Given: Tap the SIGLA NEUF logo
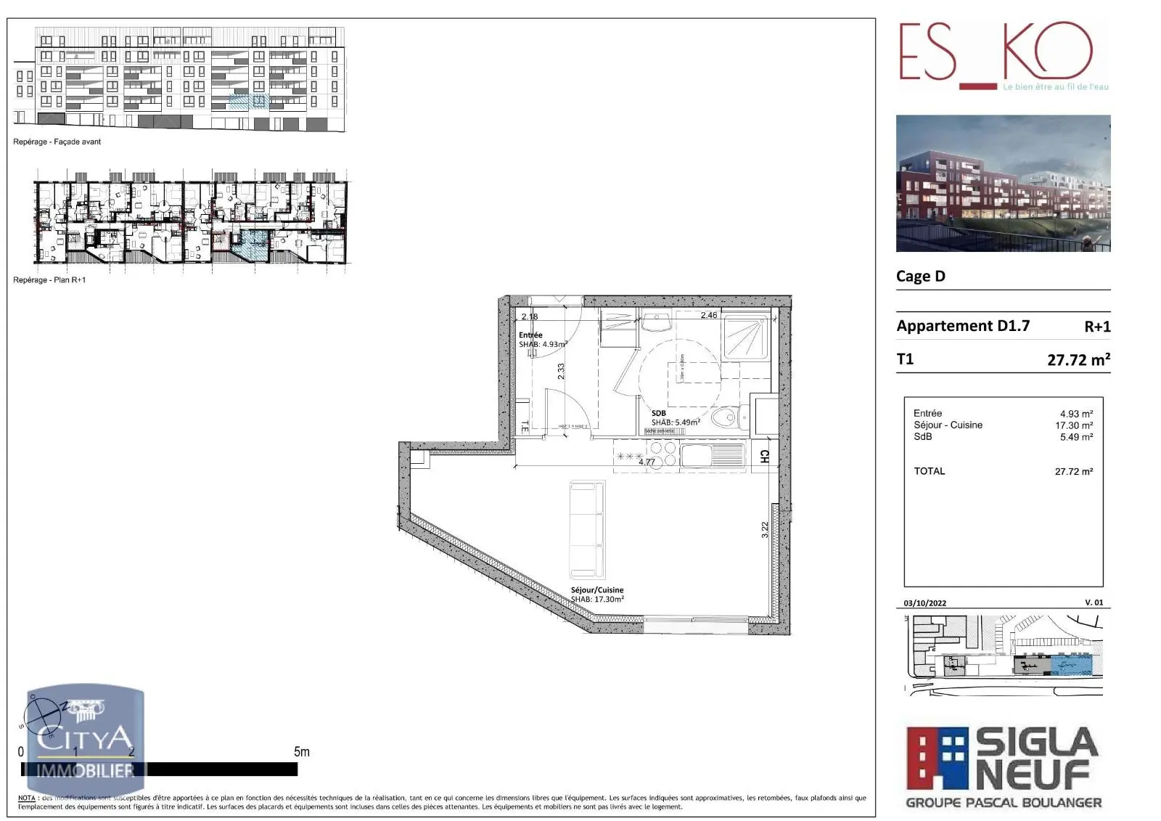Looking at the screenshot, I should click(1004, 767).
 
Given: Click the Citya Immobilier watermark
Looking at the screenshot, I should click(86, 740).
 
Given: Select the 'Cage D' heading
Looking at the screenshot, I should click(921, 277).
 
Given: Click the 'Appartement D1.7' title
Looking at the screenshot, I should click(963, 326).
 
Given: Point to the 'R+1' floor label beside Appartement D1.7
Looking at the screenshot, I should click(1097, 327).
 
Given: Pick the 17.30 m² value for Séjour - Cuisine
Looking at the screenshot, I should click(1074, 425).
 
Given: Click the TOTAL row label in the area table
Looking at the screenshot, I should click(930, 471).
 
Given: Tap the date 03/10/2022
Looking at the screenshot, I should click(925, 603).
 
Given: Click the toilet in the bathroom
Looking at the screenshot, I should click(724, 417).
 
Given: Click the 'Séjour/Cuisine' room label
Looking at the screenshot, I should click(597, 590).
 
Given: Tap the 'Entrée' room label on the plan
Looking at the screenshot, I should click(530, 335).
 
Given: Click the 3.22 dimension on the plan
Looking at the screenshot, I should click(765, 530).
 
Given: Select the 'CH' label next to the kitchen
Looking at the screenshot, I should click(764, 456).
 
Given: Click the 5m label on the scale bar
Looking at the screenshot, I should click(302, 752).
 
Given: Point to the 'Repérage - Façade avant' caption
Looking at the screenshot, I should click(57, 142).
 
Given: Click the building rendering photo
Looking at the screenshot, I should click(1003, 184).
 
